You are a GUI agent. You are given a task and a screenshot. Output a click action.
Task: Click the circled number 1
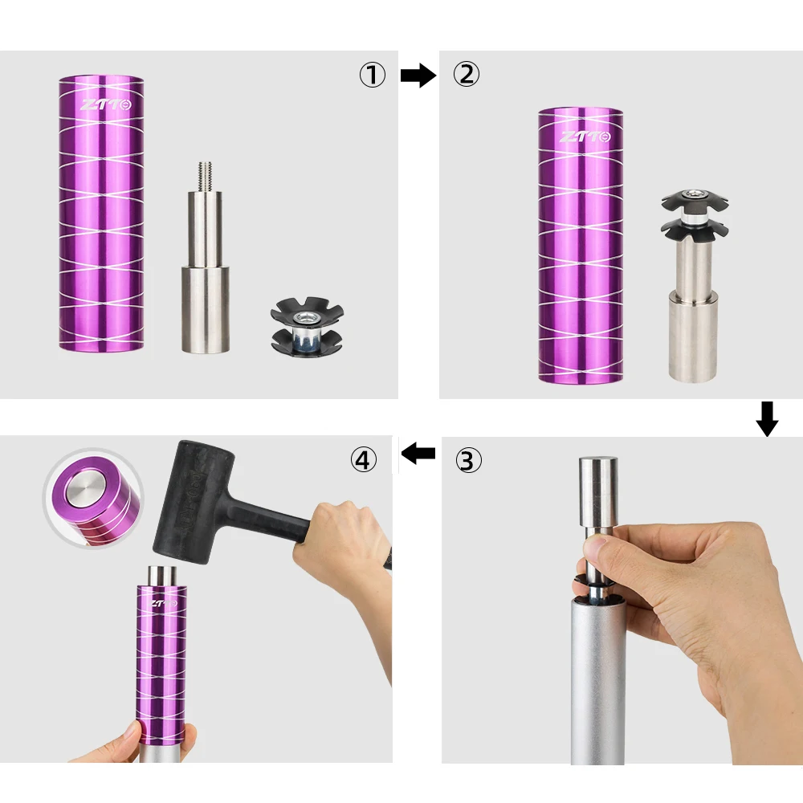(x=372, y=75)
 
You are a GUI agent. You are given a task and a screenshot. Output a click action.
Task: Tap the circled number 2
(x=467, y=74)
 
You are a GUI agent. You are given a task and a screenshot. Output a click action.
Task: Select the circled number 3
(x=468, y=460)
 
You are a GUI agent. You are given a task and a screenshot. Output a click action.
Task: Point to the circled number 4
(x=364, y=459)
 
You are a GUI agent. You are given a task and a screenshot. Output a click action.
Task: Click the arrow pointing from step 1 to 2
(x=418, y=75)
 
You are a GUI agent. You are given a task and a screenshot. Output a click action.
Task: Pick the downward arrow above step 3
(x=767, y=419)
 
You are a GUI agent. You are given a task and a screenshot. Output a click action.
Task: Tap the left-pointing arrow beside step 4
(x=418, y=453)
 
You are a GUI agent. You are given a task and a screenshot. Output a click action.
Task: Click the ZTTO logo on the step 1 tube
(x=106, y=105)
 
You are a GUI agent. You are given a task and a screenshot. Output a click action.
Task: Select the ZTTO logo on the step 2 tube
(x=585, y=137)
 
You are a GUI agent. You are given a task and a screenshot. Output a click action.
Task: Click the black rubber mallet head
(x=194, y=503)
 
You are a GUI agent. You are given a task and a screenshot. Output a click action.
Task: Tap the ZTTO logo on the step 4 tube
(x=164, y=603)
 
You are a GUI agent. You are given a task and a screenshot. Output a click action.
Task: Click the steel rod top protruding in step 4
(x=162, y=576)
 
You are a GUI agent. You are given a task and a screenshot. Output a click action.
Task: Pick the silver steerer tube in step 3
(x=597, y=681)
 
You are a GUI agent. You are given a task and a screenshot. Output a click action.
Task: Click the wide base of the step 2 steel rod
(x=692, y=336)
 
